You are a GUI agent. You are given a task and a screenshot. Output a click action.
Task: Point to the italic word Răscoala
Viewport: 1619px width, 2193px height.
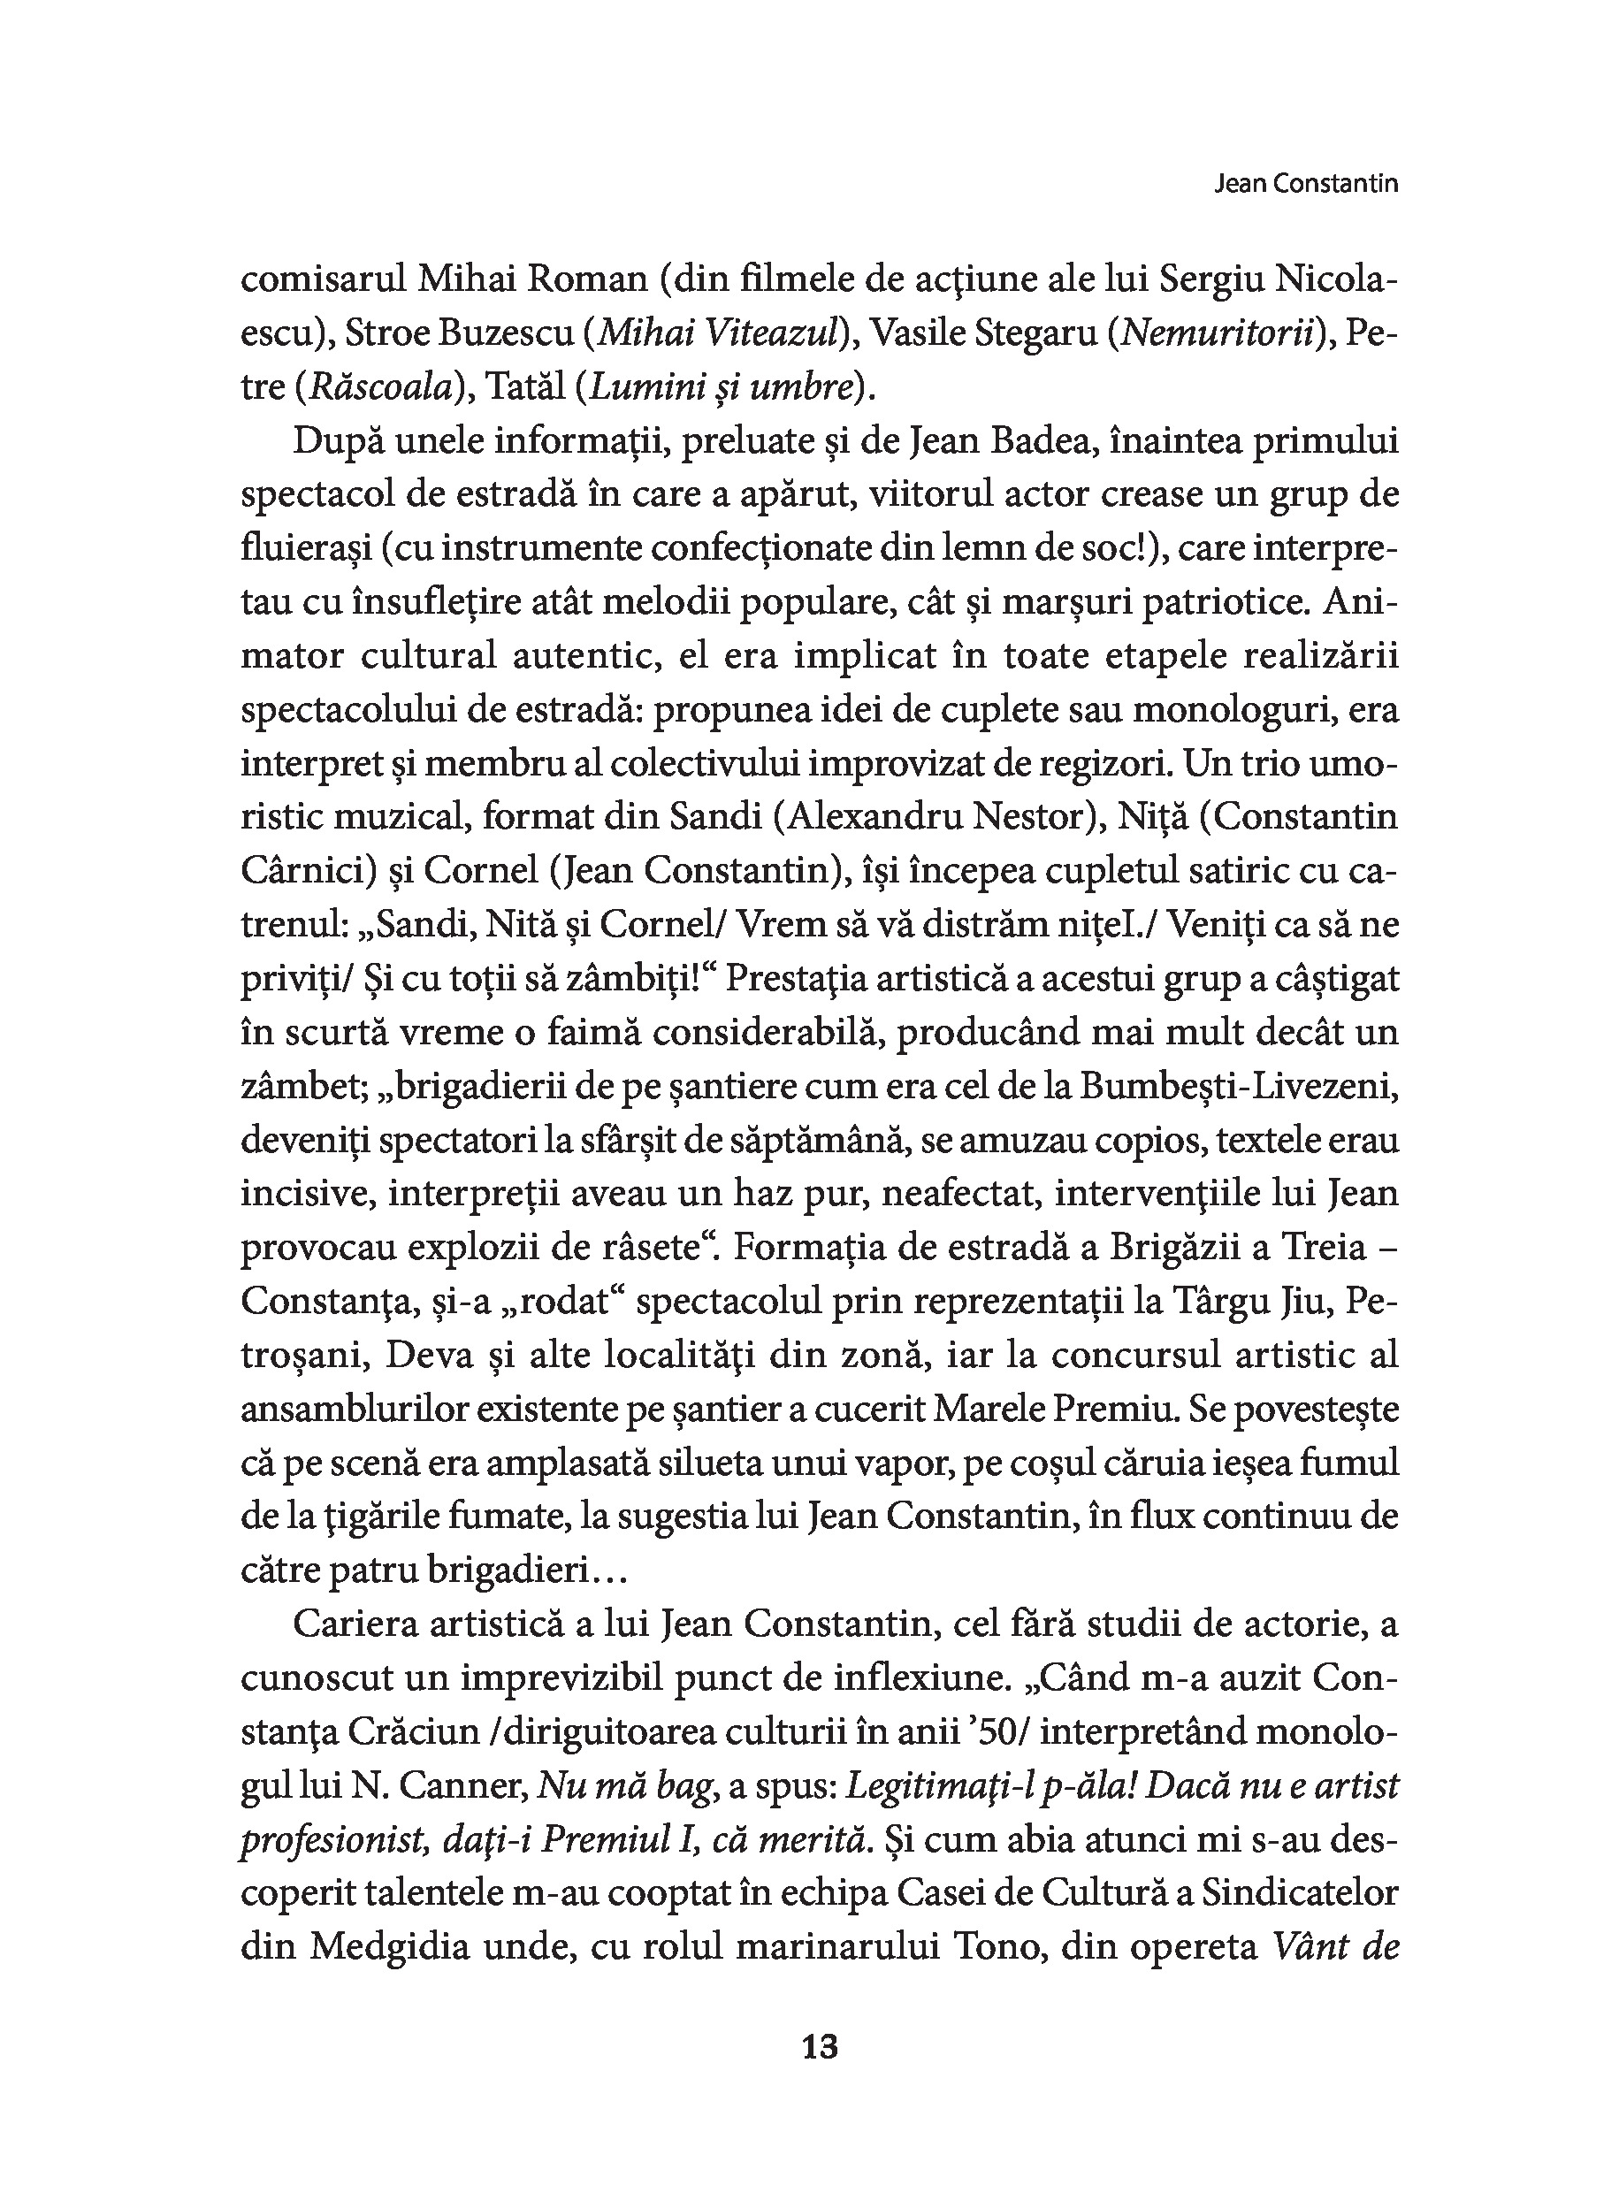coord(380,388)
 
